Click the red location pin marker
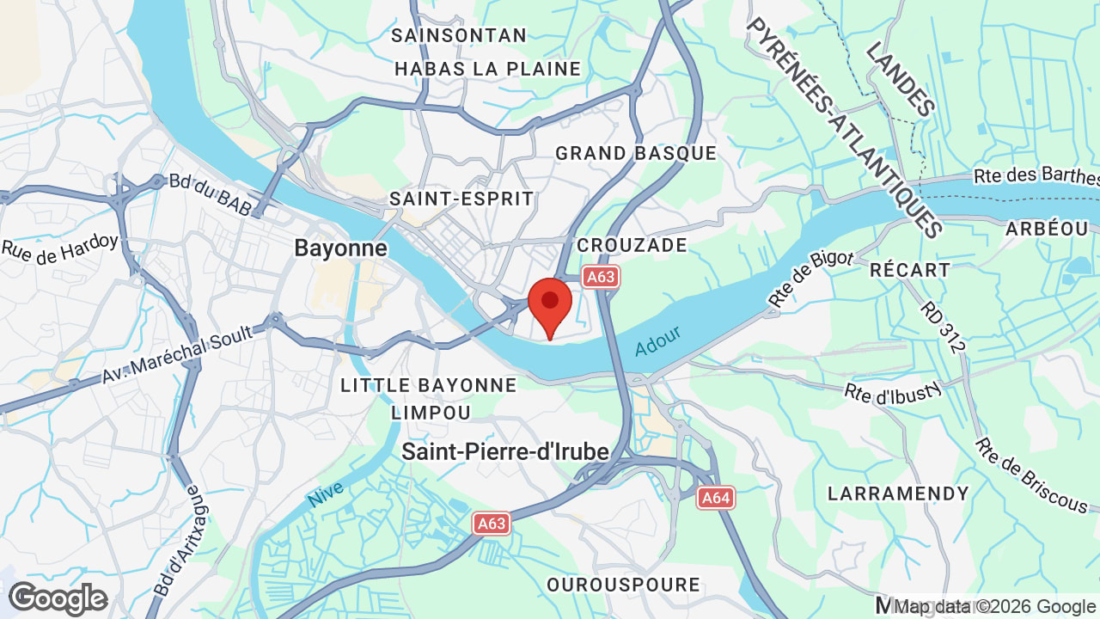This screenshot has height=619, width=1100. pyautogui.click(x=550, y=303)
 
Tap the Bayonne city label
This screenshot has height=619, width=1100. pyautogui.click(x=340, y=248)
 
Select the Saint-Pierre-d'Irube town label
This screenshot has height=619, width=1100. pyautogui.click(x=505, y=451)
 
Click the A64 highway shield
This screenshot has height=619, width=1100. pyautogui.click(x=715, y=498)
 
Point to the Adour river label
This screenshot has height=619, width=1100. pyautogui.click(x=659, y=341)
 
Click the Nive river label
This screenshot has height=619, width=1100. pyautogui.click(x=325, y=493)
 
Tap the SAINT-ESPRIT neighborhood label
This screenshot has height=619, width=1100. pyautogui.click(x=461, y=199)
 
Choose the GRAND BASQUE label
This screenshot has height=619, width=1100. pyautogui.click(x=636, y=153)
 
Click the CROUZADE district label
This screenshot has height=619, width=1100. pyautogui.click(x=632, y=245)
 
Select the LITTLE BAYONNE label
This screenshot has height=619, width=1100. pyautogui.click(x=429, y=385)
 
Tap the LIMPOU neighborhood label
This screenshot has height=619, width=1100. pyautogui.click(x=431, y=413)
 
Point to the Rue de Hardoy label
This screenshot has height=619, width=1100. pyautogui.click(x=59, y=246)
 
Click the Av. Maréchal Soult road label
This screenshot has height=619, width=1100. pyautogui.click(x=177, y=353)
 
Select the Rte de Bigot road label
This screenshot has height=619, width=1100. pyautogui.click(x=811, y=279)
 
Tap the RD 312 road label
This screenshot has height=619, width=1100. pyautogui.click(x=942, y=327)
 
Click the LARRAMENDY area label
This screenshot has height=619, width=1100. pyautogui.click(x=898, y=493)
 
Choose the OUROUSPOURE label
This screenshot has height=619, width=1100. pyautogui.click(x=623, y=585)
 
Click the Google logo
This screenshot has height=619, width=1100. pyautogui.click(x=58, y=598)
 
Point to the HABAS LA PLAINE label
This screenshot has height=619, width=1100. pyautogui.click(x=488, y=69)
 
